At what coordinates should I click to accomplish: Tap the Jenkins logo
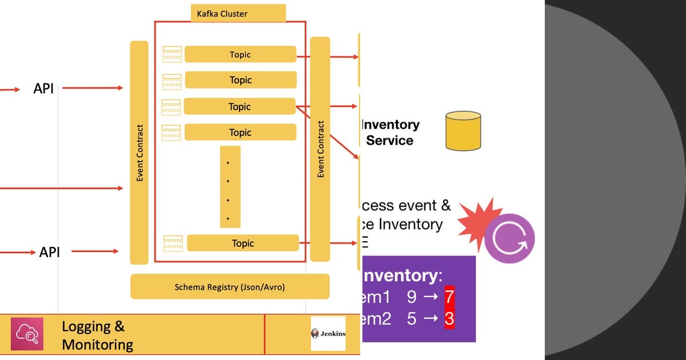[x=328, y=334]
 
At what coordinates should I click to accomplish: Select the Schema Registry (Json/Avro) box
[x=230, y=287]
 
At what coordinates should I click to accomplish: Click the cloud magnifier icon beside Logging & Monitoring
[x=27, y=334]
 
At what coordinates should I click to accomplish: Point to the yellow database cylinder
[x=463, y=131]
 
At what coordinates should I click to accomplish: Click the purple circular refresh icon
[x=509, y=238]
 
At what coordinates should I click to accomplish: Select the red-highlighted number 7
[x=449, y=297]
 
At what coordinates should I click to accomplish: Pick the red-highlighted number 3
[x=449, y=319]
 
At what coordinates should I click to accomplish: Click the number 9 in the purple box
[x=412, y=297]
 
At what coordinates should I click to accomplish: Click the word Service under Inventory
[x=389, y=141]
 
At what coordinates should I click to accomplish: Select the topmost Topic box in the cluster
[x=240, y=54]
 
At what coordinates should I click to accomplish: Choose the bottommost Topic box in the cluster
[x=243, y=243]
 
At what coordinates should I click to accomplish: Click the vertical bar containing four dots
[x=230, y=187]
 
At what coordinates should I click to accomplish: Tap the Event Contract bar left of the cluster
[x=139, y=153]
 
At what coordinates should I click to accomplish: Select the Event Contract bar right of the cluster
[x=320, y=149]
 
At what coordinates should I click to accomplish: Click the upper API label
[x=43, y=89]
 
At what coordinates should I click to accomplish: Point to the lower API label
[x=49, y=252]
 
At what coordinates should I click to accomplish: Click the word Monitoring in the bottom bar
[x=97, y=345]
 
